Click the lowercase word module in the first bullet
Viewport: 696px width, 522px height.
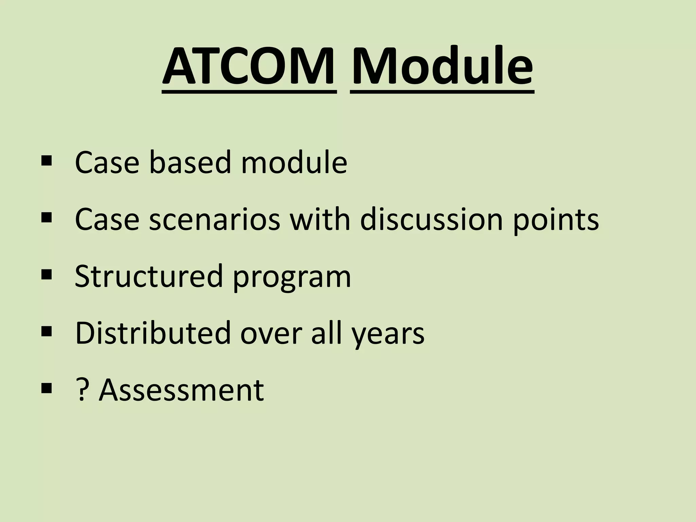[x=294, y=162]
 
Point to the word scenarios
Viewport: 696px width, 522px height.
[x=214, y=220]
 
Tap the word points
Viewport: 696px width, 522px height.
[x=556, y=221]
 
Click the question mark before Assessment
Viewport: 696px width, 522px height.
[x=81, y=390]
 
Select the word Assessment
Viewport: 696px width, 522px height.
[x=181, y=390]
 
